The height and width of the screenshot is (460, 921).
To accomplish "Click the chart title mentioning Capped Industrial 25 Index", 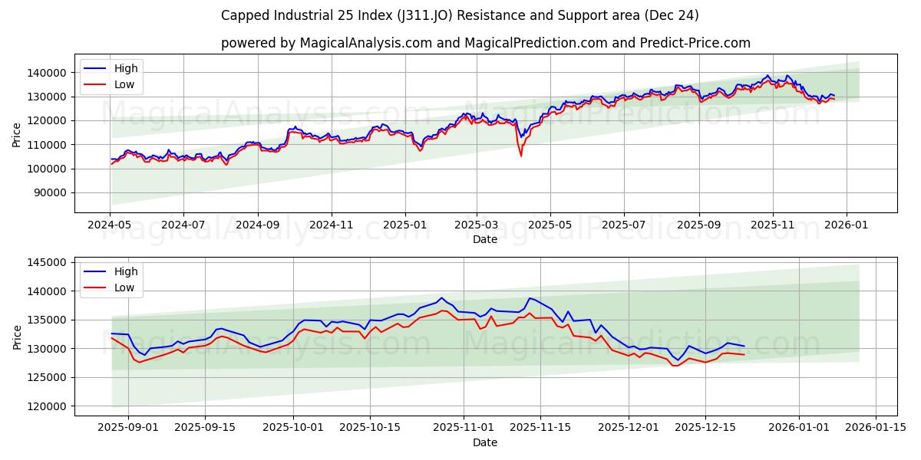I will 460,15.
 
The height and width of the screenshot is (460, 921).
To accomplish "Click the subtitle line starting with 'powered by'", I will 485,43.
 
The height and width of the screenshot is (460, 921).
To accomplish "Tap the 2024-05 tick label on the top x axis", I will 110,226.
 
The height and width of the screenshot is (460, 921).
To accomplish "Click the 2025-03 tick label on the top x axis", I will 477,226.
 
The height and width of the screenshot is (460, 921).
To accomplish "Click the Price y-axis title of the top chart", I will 17,135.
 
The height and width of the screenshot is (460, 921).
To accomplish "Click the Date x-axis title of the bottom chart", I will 485,442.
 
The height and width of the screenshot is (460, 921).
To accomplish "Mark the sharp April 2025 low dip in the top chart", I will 521,156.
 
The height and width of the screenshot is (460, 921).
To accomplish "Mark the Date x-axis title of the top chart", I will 485,239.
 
